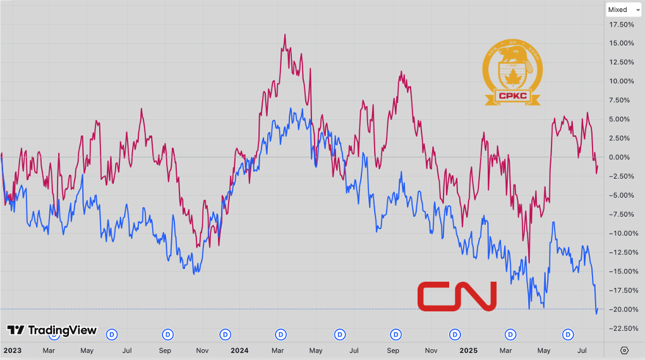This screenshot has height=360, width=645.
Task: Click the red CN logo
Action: click(x=457, y=296)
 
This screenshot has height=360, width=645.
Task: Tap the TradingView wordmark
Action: click(x=52, y=330)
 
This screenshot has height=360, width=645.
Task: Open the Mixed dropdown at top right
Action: click(x=622, y=9)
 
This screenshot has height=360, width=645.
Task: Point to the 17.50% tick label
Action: click(x=622, y=25)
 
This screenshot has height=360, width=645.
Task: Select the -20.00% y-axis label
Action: click(x=622, y=309)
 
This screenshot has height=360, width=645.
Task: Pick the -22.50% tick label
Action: click(x=622, y=328)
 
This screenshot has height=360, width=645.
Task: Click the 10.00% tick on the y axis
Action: click(x=622, y=81)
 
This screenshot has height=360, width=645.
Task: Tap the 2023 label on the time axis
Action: click(x=11, y=350)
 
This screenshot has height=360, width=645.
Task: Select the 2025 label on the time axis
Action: click(x=467, y=350)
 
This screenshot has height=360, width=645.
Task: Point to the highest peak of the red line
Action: click(x=285, y=35)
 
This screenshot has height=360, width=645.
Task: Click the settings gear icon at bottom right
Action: click(x=624, y=350)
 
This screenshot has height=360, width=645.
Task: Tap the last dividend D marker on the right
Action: click(x=568, y=333)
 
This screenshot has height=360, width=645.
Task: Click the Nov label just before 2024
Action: click(x=202, y=350)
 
